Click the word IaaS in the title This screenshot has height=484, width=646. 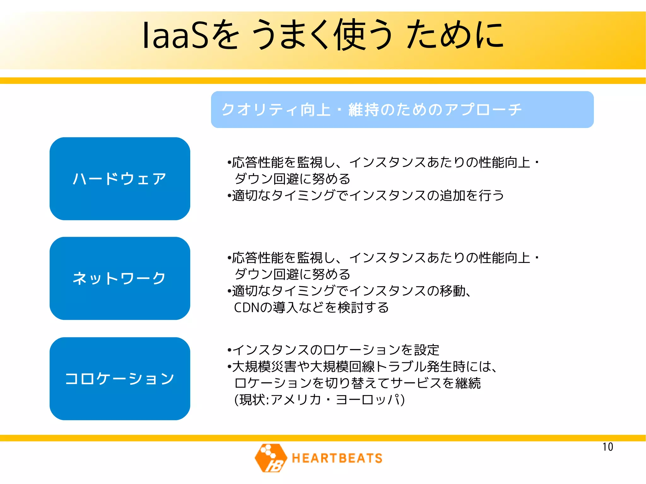click(x=175, y=35)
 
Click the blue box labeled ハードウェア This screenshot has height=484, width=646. click(x=120, y=178)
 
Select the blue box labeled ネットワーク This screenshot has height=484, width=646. click(x=120, y=278)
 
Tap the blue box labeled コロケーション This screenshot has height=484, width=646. click(x=120, y=378)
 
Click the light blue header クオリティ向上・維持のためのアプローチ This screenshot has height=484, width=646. click(x=402, y=109)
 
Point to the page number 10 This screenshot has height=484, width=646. click(x=608, y=447)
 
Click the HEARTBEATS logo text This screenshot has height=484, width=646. click(x=337, y=458)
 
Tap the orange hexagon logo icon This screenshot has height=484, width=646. click(x=271, y=458)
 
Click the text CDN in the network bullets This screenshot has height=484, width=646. click(x=247, y=307)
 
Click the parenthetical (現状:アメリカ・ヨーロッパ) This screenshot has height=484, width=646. click(x=319, y=399)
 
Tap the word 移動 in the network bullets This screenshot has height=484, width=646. click(x=453, y=291)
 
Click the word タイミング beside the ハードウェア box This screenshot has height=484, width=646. click(x=303, y=195)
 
